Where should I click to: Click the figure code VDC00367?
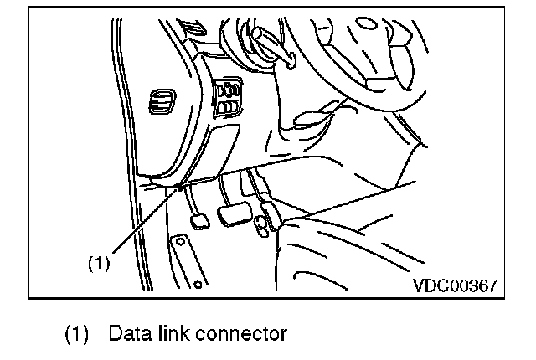(456, 285)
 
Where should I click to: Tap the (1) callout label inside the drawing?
(100, 262)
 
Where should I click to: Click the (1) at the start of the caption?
(77, 335)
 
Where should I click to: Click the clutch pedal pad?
(200, 222)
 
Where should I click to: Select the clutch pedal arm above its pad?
(192, 201)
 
